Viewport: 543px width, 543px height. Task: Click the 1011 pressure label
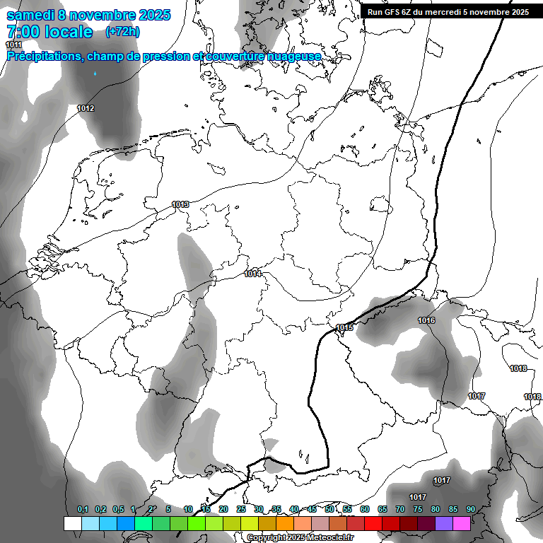pos(14,45)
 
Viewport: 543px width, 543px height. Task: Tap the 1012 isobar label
pos(86,108)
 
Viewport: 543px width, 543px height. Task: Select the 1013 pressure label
pos(180,205)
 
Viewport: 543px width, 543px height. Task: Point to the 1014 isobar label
pos(252,274)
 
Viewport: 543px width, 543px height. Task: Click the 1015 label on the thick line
pos(345,327)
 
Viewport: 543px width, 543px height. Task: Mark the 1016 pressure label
pos(426,321)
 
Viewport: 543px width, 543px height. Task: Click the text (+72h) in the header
pos(122,32)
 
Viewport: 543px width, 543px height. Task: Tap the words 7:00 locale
pos(49,32)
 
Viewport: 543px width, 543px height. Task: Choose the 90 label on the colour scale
pos(471,510)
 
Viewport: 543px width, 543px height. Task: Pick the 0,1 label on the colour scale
pos(83,510)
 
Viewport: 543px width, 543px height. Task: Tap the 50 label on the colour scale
pos(329,510)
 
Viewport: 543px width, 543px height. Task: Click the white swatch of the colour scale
pos(72,523)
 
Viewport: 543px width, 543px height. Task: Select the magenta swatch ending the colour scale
pos(462,523)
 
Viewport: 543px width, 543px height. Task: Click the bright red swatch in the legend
pos(373,523)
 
